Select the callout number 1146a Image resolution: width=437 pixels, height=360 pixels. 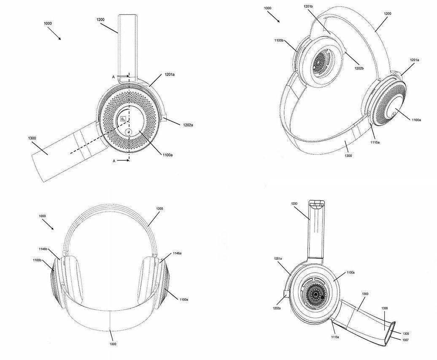click(177, 253)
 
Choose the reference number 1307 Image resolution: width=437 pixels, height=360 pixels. click(405, 339)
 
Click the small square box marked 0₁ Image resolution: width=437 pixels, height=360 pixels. click(123, 119)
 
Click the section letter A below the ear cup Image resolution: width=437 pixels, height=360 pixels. click(114, 161)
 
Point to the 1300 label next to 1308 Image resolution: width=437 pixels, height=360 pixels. click(365, 294)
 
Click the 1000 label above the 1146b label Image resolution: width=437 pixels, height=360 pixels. click(42, 216)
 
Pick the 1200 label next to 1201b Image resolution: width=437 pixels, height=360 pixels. click(387, 14)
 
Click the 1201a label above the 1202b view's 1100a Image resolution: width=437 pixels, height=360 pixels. click(414, 60)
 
